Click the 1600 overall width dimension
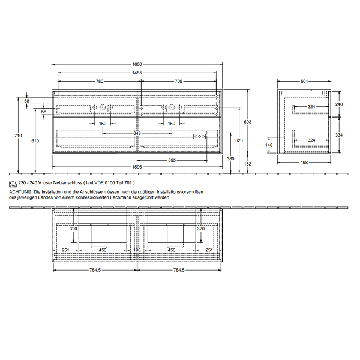[137, 64]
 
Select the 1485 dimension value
[137, 73]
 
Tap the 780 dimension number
[100, 81]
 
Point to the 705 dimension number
[178, 81]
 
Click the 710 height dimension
[18, 136]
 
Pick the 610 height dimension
[35, 141]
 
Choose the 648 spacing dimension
[137, 133]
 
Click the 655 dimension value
[172, 160]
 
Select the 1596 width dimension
[137, 167]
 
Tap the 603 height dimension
[247, 122]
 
